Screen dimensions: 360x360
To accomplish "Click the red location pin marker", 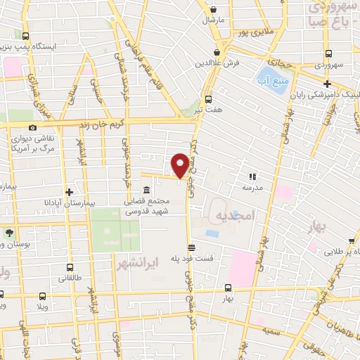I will (x=180, y=165).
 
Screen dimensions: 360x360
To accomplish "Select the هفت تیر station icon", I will (x=208, y=99).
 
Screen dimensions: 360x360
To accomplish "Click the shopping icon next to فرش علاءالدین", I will (x=217, y=51).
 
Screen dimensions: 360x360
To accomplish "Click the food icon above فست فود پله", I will (x=191, y=247).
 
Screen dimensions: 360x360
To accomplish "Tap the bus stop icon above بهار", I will (x=228, y=288).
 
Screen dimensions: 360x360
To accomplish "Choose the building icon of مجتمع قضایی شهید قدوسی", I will (x=146, y=191).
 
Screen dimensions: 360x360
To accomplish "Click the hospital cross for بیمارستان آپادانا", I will (x=69, y=191).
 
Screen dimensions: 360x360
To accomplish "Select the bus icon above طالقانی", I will (x=69, y=267).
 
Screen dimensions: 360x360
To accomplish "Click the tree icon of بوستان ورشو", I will (x=9, y=233).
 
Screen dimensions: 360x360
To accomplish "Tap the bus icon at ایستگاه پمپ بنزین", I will (x=26, y=36).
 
